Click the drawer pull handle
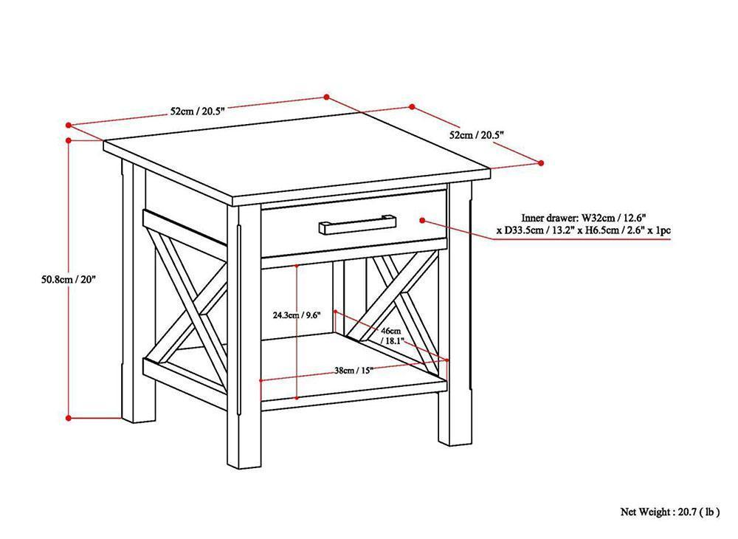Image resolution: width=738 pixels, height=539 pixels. tap(357, 223)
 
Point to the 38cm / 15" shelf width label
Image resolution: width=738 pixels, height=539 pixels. tap(354, 371)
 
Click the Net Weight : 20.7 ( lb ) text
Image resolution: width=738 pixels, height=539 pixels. tap(669, 510)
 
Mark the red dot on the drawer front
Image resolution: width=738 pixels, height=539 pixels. tap(423, 220)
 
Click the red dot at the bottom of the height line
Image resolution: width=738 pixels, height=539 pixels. tap(69, 418)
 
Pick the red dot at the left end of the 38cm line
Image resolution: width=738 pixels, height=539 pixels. tap(261, 381)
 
